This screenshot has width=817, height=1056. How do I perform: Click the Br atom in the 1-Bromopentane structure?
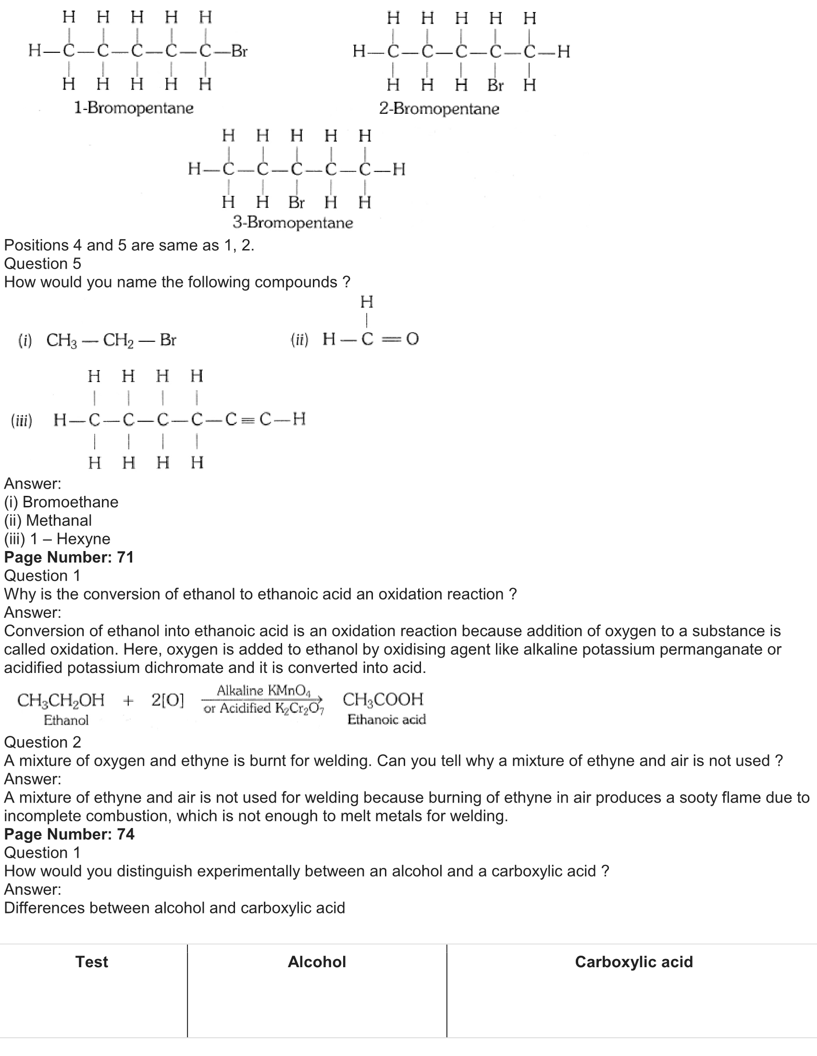239,51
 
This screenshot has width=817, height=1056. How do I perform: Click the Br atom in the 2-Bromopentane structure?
495,85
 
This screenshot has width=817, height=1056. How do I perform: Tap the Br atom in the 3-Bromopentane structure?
296,202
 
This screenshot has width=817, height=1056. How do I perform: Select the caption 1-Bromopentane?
134,108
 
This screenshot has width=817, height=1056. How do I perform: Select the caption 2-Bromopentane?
439,108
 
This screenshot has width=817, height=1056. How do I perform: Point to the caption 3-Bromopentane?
293,222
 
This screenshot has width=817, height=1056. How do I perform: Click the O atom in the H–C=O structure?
412,339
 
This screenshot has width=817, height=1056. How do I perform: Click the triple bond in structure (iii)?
248,419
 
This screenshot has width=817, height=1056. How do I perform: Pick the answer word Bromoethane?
71,502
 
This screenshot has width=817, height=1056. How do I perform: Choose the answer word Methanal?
59,520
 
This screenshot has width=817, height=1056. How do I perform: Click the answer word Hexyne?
83,539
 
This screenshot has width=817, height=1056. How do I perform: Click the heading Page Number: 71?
69,557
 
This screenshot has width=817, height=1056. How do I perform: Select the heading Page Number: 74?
69,834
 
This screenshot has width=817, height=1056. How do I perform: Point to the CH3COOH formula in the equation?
383,699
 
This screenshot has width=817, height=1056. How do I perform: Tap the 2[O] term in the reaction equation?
167,700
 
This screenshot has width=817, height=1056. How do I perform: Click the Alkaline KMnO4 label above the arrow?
264,690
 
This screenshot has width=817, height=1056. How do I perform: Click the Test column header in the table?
91,962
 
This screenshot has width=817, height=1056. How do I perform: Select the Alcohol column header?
317,962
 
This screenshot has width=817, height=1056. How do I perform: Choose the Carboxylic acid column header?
633,962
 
